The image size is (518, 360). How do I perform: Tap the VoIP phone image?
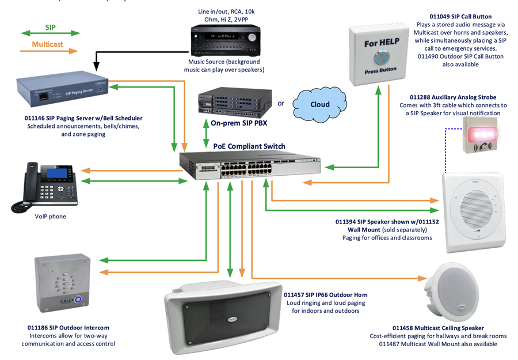tap(46, 183)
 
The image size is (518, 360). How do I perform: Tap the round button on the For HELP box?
tap(380, 58)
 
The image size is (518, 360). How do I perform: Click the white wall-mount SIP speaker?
tap(474, 213)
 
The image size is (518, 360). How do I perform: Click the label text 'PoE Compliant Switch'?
tap(249, 146)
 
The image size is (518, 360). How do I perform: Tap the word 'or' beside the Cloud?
tap(281, 104)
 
